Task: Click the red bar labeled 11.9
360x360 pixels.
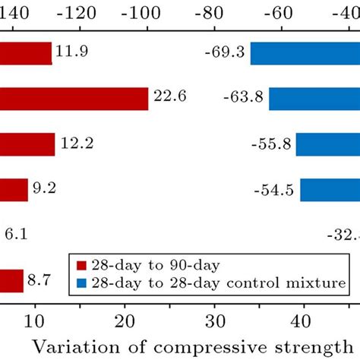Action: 26,53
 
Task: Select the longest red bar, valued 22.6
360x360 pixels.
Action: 74,99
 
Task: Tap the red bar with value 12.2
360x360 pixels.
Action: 27,144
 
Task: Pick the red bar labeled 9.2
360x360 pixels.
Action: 14,190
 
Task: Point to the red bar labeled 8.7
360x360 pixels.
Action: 11,281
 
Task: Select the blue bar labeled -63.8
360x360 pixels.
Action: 314,99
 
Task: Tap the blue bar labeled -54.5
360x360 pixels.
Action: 330,190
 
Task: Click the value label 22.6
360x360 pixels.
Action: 170,97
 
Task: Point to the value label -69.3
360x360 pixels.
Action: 224,52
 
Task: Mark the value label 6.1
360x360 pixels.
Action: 17,235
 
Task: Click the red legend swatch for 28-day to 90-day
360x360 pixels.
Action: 83,265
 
